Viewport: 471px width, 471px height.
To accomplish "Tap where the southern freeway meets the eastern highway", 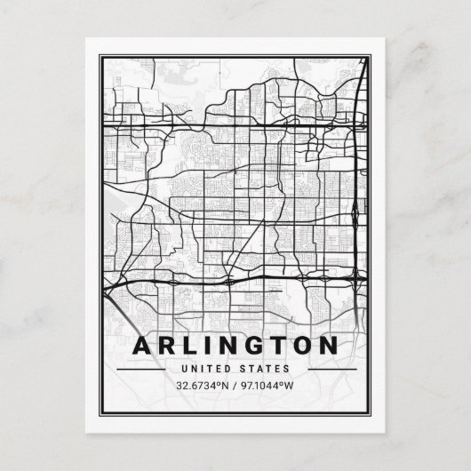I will (x=357, y=279).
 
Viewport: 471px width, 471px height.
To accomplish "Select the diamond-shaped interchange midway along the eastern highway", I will (x=356, y=213).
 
